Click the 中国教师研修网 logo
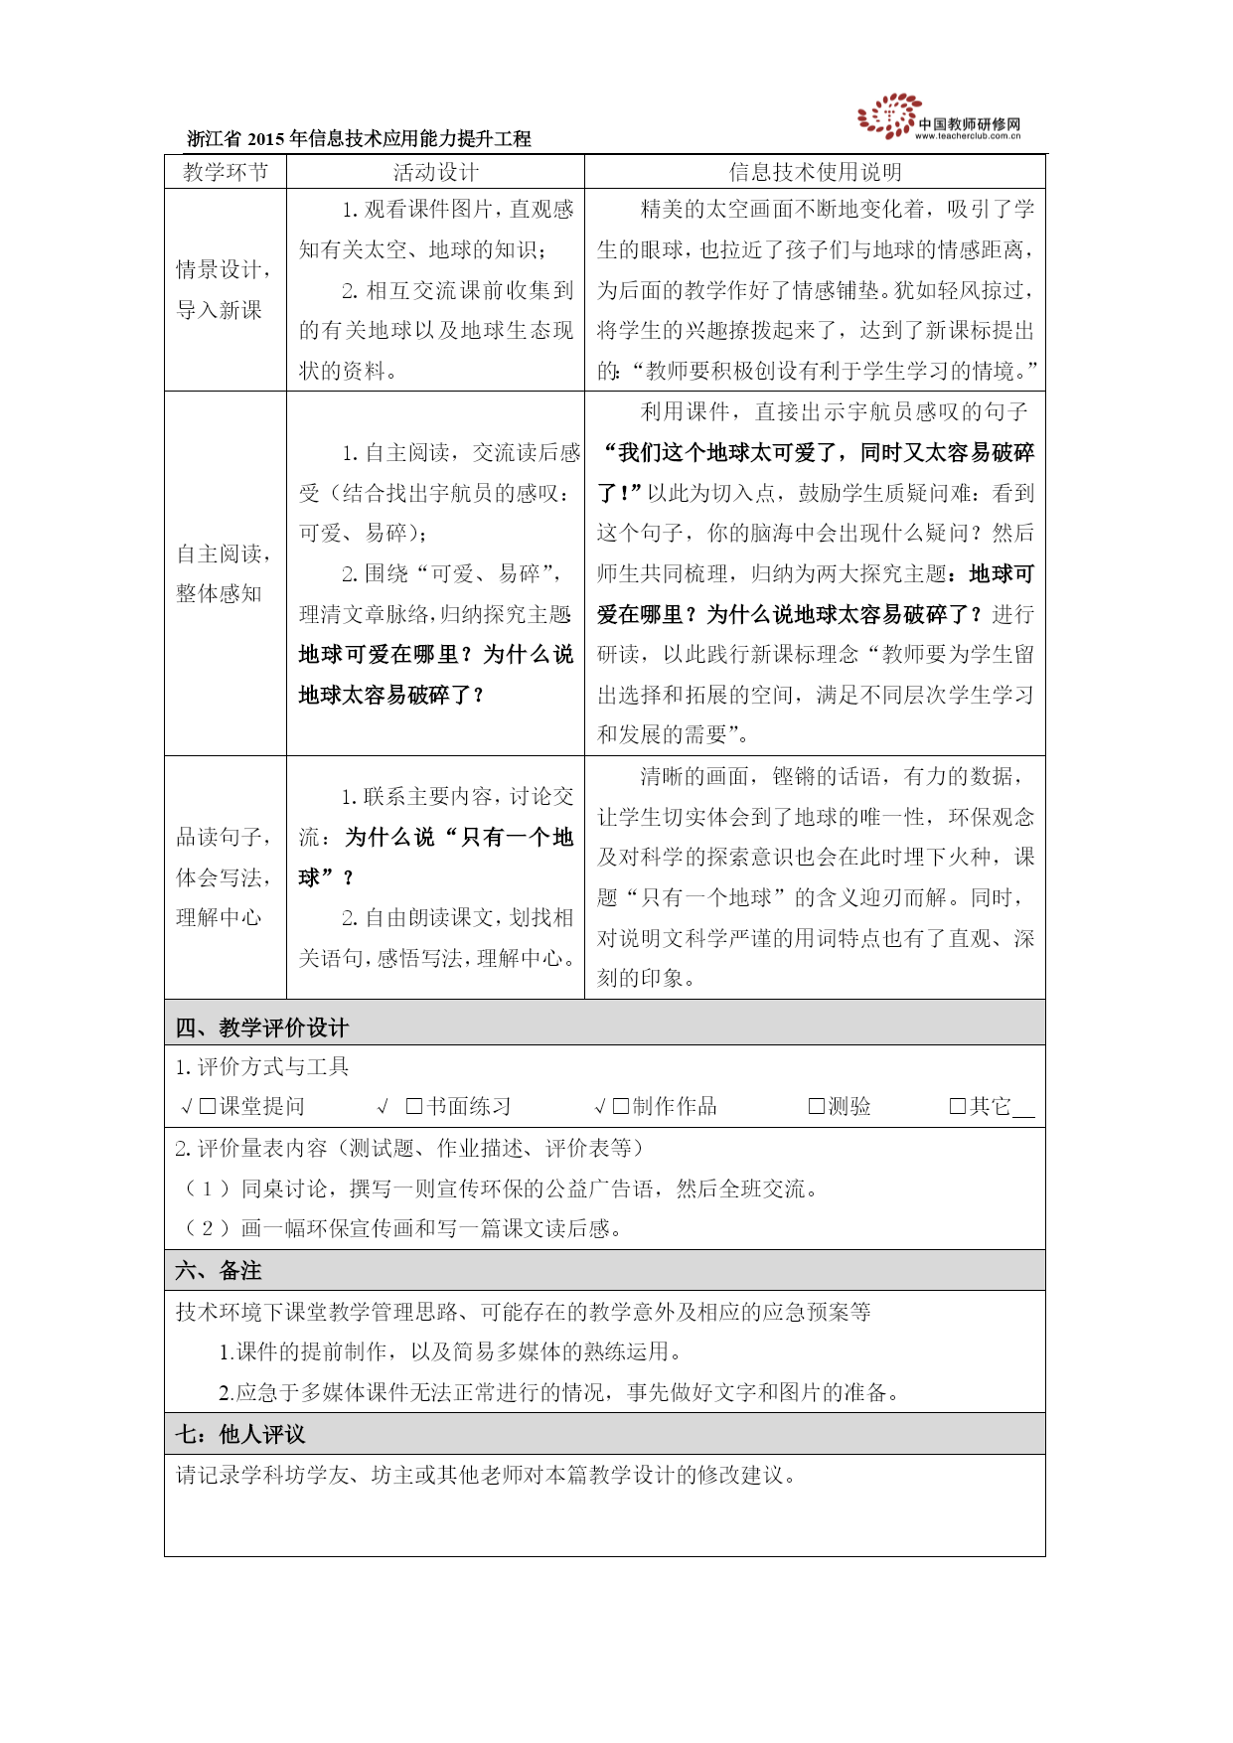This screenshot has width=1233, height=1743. pos(938,117)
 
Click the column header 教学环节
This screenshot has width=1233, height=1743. pos(226,172)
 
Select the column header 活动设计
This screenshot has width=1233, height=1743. pos(435,172)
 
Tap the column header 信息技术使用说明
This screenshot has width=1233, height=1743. pos(815,172)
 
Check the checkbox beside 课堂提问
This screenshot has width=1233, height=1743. pos(208,1107)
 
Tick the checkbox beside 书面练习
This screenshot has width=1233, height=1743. pos(414,1107)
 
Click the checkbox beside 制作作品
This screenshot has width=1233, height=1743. pos(621,1107)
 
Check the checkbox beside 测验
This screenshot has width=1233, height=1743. pos(817,1107)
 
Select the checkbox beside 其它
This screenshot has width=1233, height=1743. pos(958,1107)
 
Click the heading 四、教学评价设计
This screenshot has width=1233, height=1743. pos(262,1028)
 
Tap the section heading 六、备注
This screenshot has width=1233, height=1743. pos(219,1271)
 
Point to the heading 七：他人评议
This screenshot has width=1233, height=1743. pos(240,1434)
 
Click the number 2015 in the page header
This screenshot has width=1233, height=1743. pos(266,139)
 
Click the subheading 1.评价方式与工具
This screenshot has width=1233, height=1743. pos(262,1067)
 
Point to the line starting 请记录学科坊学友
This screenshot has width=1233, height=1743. pos(487,1475)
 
